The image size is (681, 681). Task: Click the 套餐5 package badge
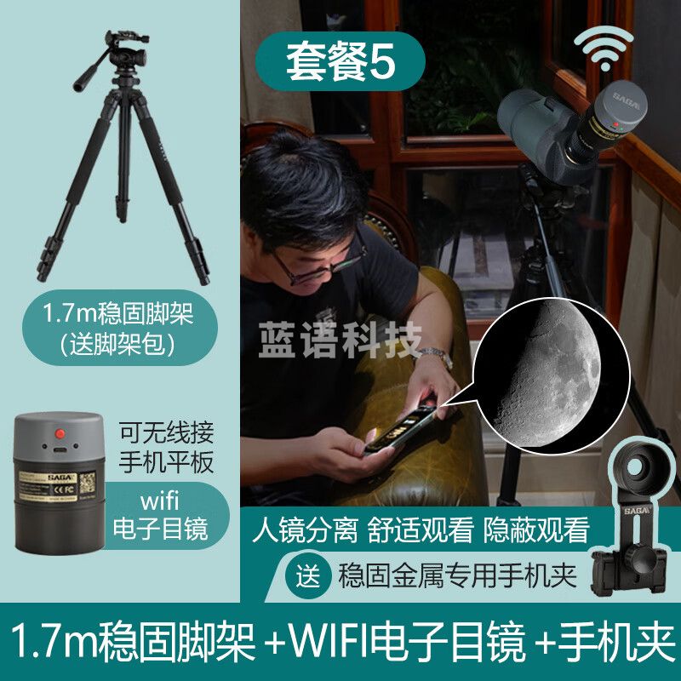point(340,65)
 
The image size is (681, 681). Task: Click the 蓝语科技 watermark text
point(340,340)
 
